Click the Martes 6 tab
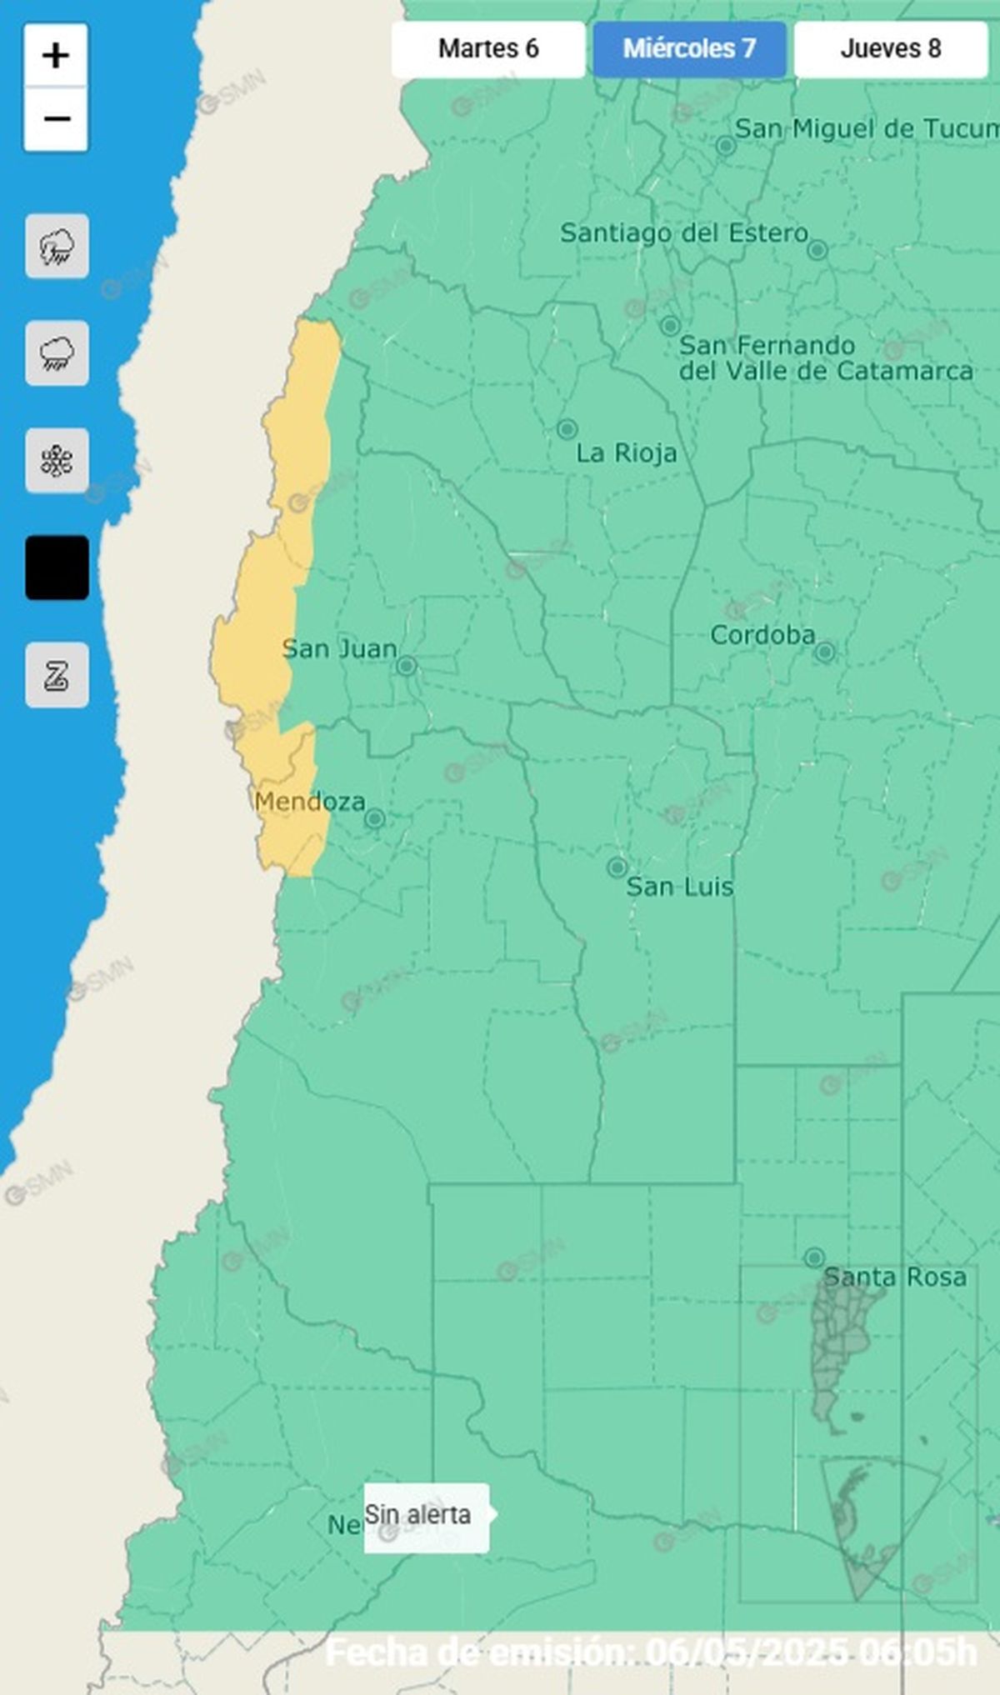click(x=488, y=49)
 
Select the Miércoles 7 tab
click(x=689, y=49)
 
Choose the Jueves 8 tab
click(x=890, y=49)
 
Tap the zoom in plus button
click(x=56, y=56)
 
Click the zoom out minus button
click(x=56, y=119)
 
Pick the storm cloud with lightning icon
click(x=57, y=247)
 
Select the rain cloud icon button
click(x=57, y=353)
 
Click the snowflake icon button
click(x=57, y=461)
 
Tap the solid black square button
click(x=57, y=567)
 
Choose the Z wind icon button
click(x=57, y=675)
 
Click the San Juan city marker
click(x=407, y=666)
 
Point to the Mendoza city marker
click(x=375, y=818)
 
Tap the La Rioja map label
click(x=627, y=453)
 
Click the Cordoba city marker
click(x=824, y=652)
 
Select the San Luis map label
click(x=679, y=887)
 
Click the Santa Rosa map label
click(x=895, y=1277)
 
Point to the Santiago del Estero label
click(x=684, y=232)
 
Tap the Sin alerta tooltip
click(x=425, y=1514)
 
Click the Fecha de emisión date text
click(x=650, y=1652)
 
